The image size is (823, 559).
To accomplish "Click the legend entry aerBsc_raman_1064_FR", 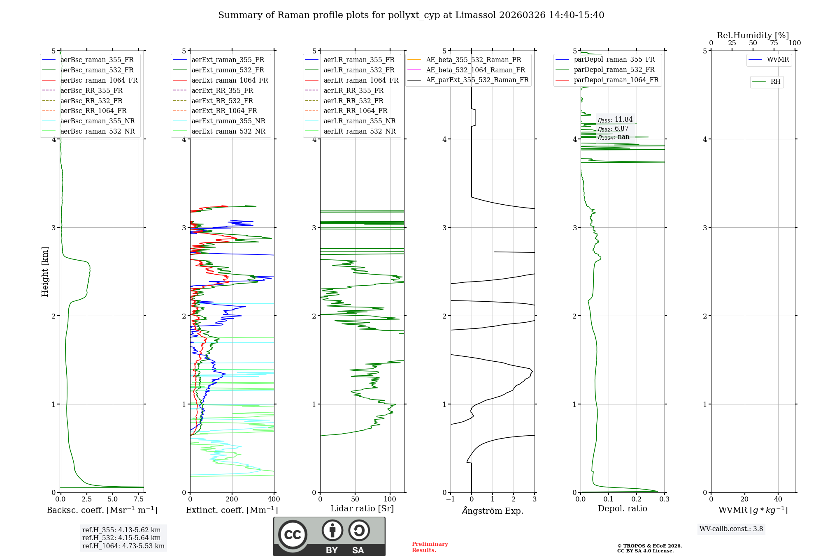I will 99,81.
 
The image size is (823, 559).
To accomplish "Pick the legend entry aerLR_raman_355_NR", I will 359,121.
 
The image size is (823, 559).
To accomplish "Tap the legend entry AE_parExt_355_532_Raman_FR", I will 477,80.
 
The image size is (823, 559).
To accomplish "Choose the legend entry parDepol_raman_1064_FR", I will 616,80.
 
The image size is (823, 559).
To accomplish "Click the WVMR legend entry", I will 777,60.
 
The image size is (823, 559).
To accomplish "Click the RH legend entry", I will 775,82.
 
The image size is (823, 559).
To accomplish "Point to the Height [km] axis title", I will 45,272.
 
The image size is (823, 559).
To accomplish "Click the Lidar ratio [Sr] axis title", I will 362,508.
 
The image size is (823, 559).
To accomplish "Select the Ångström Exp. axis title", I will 493,511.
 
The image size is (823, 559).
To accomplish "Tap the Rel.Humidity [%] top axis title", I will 753,35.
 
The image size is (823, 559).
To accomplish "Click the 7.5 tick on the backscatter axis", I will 139,499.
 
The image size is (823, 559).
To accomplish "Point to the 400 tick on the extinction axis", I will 274,499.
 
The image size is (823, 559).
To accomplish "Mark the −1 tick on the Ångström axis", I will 450,499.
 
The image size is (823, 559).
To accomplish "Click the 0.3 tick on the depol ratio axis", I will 664,499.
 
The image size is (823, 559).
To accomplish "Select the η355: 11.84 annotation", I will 615,120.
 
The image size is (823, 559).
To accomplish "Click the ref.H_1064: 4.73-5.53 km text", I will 123,546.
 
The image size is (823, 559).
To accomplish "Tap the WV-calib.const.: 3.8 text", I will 731,529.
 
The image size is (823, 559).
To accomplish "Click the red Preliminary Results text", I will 430,547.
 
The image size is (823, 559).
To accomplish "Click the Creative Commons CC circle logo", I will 293,535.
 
